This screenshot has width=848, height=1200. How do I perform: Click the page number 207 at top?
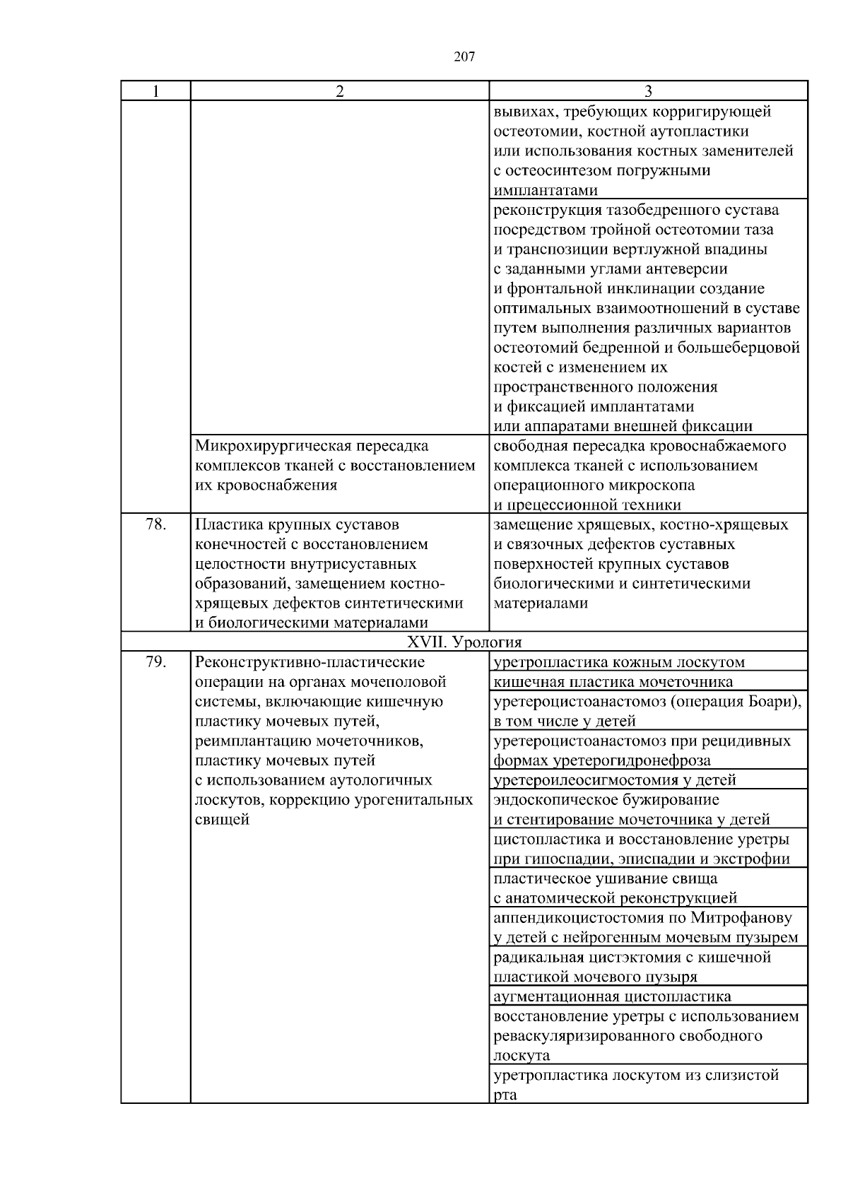coord(464,57)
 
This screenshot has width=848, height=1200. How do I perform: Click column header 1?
coord(155,91)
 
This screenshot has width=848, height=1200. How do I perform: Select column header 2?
coord(340,91)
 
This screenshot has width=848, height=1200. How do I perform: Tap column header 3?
coord(648,91)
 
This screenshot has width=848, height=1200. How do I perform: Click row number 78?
coord(155,525)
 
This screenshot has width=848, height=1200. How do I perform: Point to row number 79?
coord(155,662)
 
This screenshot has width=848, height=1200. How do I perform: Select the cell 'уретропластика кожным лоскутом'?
coord(619,662)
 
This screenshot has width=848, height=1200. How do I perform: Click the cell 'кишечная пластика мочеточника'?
coord(613,682)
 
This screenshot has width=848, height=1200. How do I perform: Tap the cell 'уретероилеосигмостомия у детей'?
coord(615,780)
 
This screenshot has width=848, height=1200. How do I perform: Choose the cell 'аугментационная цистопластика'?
coord(612,997)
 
